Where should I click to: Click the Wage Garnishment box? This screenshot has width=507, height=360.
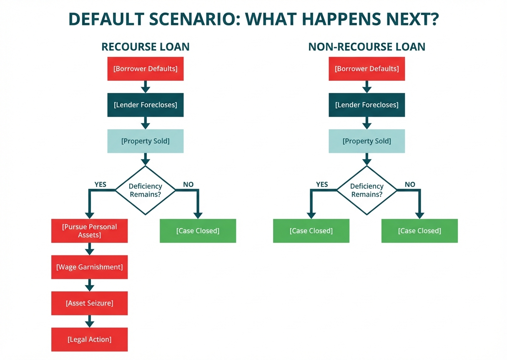[89, 267]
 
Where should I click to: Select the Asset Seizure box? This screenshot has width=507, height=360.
[89, 303]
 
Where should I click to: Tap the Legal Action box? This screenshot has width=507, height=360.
[89, 339]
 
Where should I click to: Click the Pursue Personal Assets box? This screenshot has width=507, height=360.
[89, 231]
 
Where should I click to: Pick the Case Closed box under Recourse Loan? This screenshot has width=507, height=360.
[198, 231]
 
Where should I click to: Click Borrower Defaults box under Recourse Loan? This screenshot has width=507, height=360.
[145, 69]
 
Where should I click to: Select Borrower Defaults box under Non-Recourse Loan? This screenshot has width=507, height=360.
[366, 69]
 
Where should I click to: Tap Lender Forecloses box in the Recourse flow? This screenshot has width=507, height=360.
[145, 105]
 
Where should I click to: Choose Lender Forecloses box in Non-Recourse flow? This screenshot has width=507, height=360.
[366, 105]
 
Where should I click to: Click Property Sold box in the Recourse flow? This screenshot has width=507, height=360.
[145, 141]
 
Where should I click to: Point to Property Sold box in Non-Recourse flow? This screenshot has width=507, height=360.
[366, 141]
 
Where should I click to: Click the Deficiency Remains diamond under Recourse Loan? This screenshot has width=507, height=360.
[145, 190]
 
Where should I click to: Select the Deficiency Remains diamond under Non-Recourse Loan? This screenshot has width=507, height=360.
[366, 190]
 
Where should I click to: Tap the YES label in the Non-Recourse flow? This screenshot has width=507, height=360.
[322, 184]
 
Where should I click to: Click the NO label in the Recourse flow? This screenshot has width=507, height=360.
[188, 184]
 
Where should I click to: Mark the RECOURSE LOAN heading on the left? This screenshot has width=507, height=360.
[145, 47]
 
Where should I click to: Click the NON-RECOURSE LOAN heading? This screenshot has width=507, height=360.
[366, 47]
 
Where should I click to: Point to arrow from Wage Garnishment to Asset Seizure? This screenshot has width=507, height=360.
[89, 285]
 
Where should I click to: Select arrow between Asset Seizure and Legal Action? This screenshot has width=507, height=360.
[89, 321]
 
